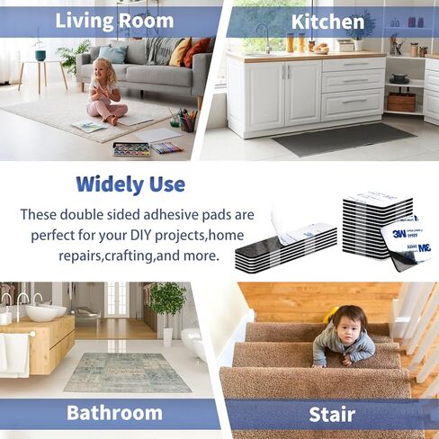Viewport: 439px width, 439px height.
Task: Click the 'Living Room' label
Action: point(114,21)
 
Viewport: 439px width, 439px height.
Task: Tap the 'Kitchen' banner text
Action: point(327,22)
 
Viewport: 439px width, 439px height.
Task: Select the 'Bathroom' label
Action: point(114,413)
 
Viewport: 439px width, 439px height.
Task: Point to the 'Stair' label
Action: point(332,415)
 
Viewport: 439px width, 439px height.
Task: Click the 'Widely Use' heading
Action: point(130,184)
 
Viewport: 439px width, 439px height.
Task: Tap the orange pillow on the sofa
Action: point(196,51)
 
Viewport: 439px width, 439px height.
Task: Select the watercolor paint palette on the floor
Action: point(131,149)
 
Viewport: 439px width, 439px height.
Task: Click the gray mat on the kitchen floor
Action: point(345,139)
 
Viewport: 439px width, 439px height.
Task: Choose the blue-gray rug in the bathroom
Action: point(128,372)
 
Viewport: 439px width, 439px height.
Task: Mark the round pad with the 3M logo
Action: point(407,242)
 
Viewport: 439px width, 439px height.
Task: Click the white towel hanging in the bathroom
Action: point(15,354)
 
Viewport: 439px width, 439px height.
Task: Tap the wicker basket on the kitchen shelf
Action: point(401,103)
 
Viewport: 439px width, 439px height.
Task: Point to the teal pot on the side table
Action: point(40,55)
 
